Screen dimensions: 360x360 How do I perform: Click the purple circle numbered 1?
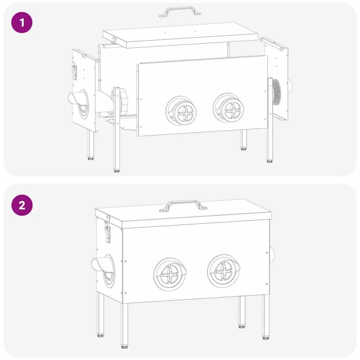(22, 22)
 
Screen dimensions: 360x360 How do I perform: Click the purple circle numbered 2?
(22, 205)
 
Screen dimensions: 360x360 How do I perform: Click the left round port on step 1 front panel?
(181, 110)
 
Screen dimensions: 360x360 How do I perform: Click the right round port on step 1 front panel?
(228, 108)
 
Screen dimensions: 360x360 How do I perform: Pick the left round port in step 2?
(170, 274)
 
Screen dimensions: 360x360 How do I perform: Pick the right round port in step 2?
(224, 271)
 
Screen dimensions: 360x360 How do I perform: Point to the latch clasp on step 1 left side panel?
(74, 72)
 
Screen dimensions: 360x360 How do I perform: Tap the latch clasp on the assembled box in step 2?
(107, 231)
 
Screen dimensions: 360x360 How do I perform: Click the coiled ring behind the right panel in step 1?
(276, 92)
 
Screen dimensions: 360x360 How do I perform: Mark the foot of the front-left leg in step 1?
(117, 171)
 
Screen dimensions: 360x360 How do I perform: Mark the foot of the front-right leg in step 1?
(270, 161)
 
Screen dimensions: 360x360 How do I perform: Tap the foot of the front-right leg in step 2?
(265, 338)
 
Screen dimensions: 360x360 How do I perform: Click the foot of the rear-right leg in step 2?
(241, 326)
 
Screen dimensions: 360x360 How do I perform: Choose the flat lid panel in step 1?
(180, 35)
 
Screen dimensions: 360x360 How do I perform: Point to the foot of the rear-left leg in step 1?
(91, 158)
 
